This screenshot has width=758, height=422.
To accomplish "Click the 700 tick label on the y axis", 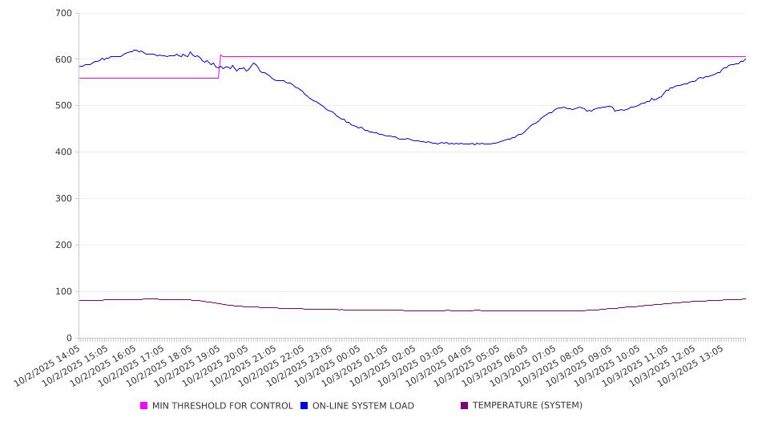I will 64,14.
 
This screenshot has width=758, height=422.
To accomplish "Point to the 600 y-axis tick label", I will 64,60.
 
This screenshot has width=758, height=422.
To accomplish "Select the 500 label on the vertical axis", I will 64,106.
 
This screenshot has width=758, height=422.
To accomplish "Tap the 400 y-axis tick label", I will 64,152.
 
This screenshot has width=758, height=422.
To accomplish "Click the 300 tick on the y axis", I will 64,199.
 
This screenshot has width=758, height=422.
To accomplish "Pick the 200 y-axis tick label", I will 64,245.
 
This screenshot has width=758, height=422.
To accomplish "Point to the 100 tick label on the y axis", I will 64,292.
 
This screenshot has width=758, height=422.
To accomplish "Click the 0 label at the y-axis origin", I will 70,339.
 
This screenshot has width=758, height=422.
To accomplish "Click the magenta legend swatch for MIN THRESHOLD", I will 144,406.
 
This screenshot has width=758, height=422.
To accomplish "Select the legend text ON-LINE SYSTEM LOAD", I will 363,406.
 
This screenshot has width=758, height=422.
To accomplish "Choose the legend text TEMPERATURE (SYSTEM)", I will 527,406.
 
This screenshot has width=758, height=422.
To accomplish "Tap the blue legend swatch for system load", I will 304,406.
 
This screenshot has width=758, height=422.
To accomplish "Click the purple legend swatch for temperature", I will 464,406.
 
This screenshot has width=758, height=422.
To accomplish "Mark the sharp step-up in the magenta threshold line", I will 220,67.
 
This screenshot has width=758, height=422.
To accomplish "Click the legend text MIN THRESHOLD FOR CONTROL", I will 222,406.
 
